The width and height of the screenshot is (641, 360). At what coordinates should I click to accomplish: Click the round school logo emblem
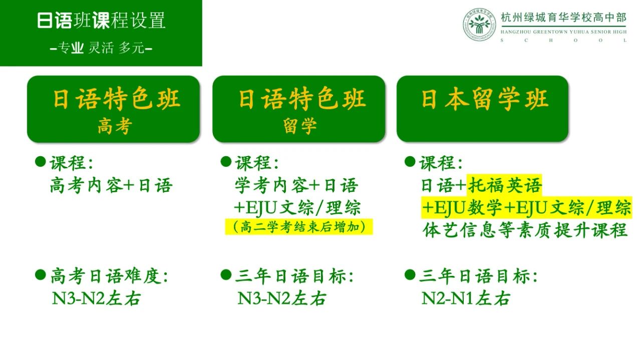(x=480, y=25)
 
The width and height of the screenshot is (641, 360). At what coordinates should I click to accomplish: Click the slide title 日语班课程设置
(x=101, y=21)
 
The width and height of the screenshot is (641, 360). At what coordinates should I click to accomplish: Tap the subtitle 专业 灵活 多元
(x=101, y=48)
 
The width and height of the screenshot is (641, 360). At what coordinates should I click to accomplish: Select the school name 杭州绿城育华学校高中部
(x=563, y=18)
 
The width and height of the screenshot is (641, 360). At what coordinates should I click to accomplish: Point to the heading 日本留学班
(x=484, y=99)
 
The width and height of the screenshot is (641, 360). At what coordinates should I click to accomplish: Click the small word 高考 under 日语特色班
(x=115, y=126)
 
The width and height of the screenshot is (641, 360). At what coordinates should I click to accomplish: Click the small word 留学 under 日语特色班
(x=300, y=126)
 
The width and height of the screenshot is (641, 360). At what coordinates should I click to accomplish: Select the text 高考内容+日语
(x=111, y=185)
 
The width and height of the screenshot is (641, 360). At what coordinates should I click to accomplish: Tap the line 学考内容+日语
(x=296, y=185)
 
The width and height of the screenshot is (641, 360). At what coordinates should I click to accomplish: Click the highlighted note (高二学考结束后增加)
(x=299, y=227)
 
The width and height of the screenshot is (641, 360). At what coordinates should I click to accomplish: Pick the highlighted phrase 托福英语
(x=504, y=185)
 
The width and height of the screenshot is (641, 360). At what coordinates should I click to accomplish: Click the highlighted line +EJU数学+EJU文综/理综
(x=526, y=208)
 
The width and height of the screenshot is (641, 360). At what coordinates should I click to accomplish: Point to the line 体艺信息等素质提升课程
(x=525, y=230)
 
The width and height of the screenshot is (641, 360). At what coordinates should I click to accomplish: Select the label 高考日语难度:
(x=109, y=276)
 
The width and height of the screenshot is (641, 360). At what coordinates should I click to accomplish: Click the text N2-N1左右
(x=466, y=298)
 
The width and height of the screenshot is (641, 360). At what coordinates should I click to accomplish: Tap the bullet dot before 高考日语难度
(x=41, y=275)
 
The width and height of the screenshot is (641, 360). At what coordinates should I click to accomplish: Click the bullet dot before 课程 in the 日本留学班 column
(x=410, y=162)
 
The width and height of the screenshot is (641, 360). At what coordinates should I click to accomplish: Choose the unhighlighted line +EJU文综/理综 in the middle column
(x=297, y=208)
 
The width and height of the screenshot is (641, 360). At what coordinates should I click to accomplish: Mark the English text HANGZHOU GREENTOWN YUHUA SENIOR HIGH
(x=563, y=32)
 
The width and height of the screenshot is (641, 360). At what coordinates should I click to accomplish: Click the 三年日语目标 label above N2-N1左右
(x=478, y=276)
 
